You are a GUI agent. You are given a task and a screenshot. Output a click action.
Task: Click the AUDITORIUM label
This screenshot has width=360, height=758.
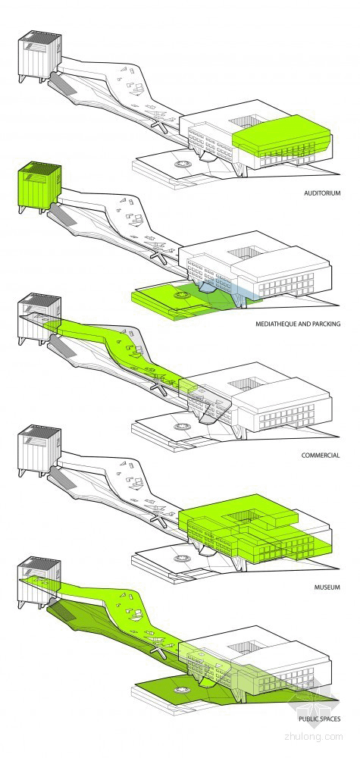322,193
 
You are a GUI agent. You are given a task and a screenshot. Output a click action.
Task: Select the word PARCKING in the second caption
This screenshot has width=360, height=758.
325,324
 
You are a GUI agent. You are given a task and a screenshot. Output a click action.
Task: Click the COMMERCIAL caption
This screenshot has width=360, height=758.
321,456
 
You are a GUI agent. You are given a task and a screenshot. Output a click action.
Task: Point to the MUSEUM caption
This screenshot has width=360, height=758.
327,587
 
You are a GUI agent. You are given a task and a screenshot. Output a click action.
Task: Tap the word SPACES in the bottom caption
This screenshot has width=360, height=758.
331,719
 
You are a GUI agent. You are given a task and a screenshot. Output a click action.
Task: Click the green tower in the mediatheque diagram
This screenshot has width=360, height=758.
39,186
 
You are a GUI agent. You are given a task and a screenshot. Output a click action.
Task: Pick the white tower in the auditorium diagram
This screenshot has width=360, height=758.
39,55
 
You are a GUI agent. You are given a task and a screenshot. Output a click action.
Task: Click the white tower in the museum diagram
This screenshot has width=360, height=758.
39,449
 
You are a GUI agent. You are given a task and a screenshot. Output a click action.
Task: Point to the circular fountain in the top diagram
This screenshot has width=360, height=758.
183,164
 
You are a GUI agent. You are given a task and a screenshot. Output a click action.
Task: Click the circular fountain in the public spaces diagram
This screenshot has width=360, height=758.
183,690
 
